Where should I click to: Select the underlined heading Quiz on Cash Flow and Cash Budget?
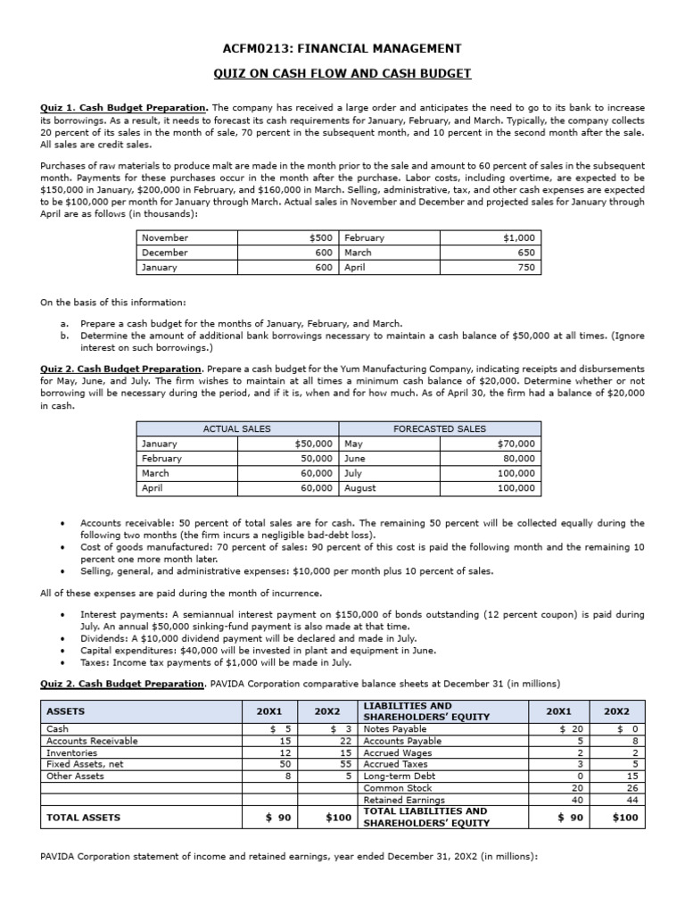[x=342, y=73]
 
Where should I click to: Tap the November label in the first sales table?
[x=165, y=238]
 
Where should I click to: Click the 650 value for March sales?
[x=526, y=253]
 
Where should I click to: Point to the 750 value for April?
[x=526, y=267]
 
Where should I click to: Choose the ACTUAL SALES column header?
[x=236, y=428]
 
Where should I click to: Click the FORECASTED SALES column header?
[x=440, y=428]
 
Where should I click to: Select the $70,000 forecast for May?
[x=516, y=444]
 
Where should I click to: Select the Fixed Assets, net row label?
[x=81, y=765]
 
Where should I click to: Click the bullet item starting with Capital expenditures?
[x=258, y=651]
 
